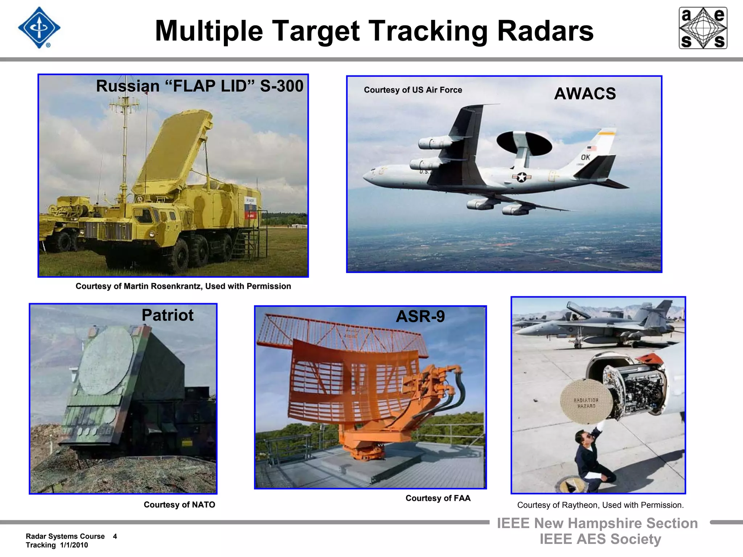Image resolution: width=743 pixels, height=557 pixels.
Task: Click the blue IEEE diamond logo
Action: tap(39, 28)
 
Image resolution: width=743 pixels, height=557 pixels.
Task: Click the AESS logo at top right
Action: tap(703, 28)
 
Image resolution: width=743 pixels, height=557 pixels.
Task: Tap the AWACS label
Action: tap(585, 94)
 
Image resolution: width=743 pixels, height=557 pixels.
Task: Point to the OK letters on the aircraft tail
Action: tap(585, 157)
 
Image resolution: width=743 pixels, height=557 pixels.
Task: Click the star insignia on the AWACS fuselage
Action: tap(521, 177)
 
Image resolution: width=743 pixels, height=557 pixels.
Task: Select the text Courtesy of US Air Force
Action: tap(413, 90)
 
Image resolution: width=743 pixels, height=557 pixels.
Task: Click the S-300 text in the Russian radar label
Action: tap(282, 86)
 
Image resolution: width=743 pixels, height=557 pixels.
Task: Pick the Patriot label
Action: tap(167, 315)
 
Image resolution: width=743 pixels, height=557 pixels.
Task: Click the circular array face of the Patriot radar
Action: tap(106, 360)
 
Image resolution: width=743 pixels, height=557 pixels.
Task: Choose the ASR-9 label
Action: tap(420, 316)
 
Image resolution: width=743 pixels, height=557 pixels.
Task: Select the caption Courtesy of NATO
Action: tap(179, 504)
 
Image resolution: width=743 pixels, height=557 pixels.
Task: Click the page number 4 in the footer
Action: tap(115, 536)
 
